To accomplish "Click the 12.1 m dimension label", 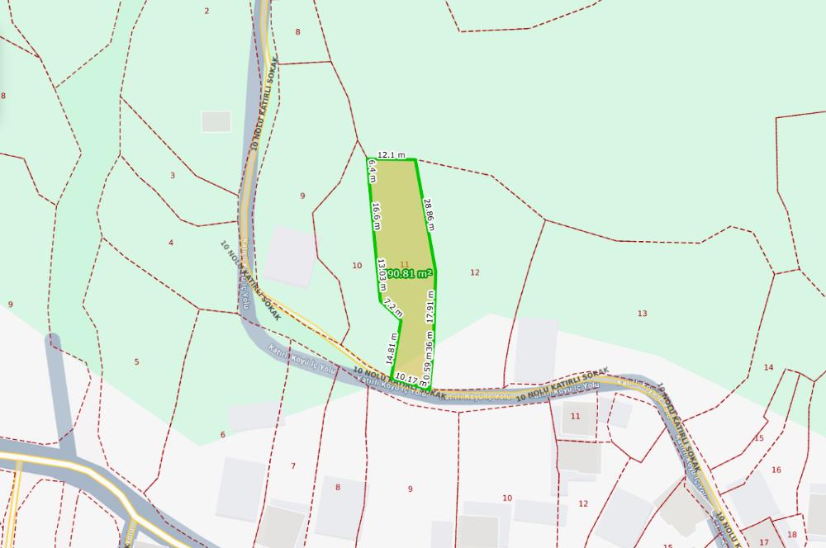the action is click(x=392, y=155).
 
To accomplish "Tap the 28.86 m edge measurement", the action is click(x=429, y=214).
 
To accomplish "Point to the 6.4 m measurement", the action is click(x=372, y=171).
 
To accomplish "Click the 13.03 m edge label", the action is click(x=382, y=271).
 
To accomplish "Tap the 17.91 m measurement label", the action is click(x=430, y=305).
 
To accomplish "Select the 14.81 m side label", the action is click(x=392, y=347).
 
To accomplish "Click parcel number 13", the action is click(x=642, y=313).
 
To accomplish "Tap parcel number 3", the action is click(x=173, y=175).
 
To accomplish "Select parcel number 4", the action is click(x=171, y=243).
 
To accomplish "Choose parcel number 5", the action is click(x=136, y=361).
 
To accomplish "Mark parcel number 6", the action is click(x=222, y=435).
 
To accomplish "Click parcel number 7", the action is click(x=292, y=466).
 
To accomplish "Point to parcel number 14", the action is click(x=768, y=367).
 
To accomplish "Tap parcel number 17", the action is click(x=763, y=542).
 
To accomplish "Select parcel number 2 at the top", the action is click(x=206, y=11).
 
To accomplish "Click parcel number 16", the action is click(x=776, y=470).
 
